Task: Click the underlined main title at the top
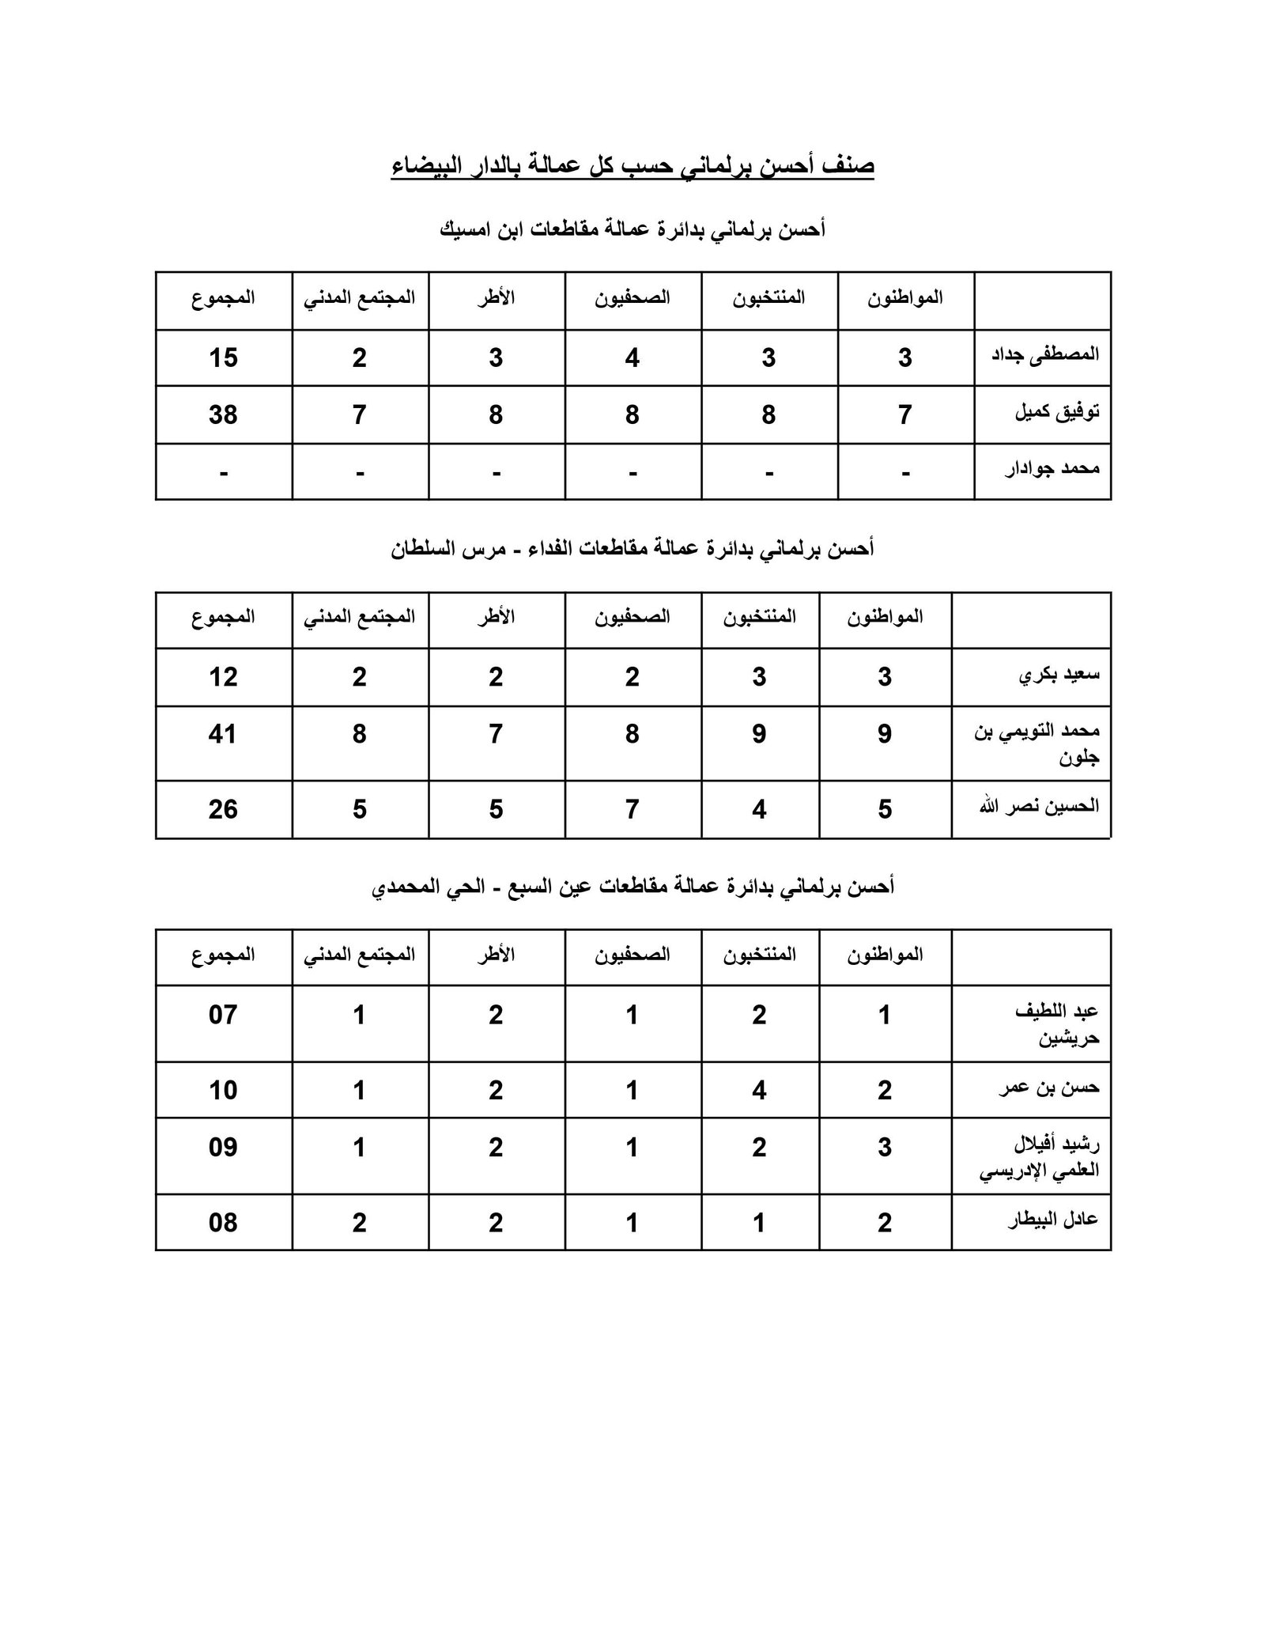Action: click(x=632, y=167)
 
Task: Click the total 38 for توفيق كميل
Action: click(x=223, y=414)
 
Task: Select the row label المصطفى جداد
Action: click(x=1045, y=355)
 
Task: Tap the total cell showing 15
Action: click(x=223, y=357)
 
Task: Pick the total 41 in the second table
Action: click(x=223, y=734)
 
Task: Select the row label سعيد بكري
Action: click(x=1059, y=675)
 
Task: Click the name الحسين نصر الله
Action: click(x=1040, y=808)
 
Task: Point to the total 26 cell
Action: click(x=223, y=809)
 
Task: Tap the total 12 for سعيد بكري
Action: click(x=223, y=677)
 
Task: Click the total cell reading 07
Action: click(x=223, y=1015)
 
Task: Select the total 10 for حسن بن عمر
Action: click(x=223, y=1091)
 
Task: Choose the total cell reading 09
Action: click(x=223, y=1147)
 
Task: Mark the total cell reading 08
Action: click(x=223, y=1223)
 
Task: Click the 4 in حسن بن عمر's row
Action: click(x=759, y=1091)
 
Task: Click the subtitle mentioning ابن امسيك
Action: click(x=632, y=230)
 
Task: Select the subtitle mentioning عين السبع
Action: click(x=632, y=887)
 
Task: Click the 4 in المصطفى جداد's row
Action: click(x=632, y=358)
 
